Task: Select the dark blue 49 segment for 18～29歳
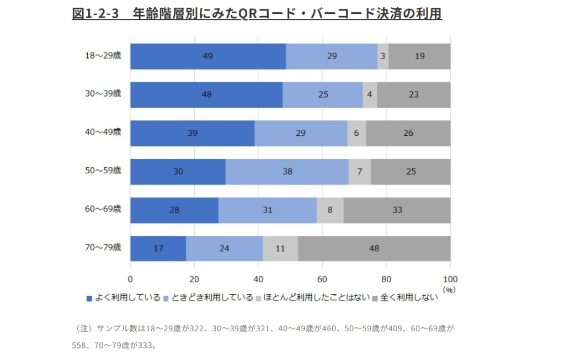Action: click(207, 56)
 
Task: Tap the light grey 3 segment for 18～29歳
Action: click(382, 56)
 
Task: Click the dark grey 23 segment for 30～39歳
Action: click(413, 94)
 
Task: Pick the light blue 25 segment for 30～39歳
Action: click(323, 94)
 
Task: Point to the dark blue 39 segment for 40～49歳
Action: click(192, 133)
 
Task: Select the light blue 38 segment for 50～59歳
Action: click(287, 172)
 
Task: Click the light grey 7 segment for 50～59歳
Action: click(360, 172)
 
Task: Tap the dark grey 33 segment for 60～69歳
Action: click(397, 210)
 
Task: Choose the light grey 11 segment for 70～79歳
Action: click(280, 248)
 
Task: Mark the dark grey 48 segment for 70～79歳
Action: click(374, 248)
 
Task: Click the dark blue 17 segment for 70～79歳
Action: click(158, 248)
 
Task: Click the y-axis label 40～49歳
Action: click(103, 132)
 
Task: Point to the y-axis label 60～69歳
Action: click(103, 209)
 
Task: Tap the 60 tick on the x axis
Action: click(322, 278)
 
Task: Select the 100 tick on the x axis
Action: click(450, 278)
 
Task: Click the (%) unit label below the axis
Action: click(449, 288)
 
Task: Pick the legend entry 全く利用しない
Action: click(405, 298)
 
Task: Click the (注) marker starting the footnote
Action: click(83, 328)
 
